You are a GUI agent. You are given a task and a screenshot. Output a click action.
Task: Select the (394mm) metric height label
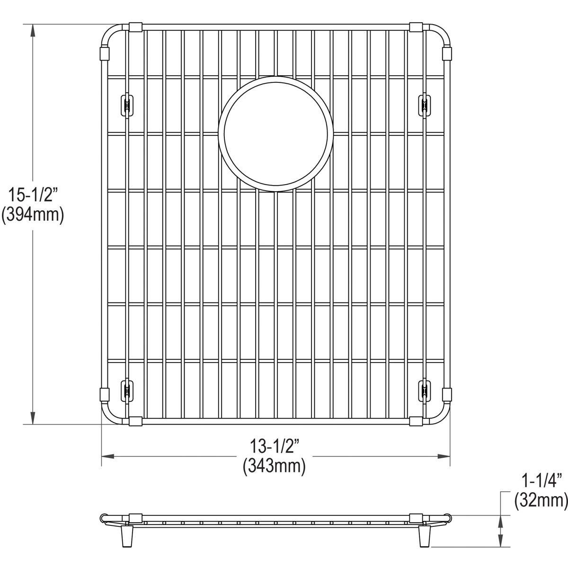coord(32,215)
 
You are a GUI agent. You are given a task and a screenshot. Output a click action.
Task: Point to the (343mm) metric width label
coord(275,467)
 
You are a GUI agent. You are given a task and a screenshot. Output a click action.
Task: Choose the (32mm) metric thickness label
coord(540,499)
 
